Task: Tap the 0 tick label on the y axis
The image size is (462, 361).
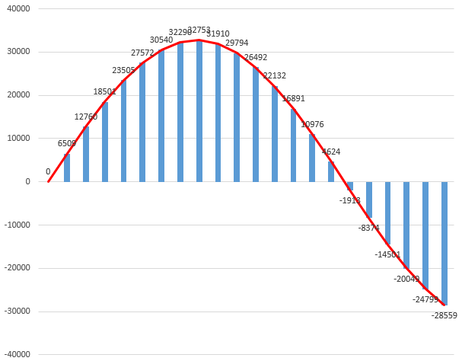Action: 27,182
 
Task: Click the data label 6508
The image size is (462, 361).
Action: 67,143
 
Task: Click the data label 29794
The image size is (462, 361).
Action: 237,43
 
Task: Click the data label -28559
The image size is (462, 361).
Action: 444,315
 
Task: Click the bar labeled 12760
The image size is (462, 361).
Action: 86,154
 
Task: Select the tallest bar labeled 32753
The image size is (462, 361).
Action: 199,111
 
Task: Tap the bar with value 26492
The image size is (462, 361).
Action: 256,125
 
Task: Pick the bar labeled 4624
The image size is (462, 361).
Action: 331,172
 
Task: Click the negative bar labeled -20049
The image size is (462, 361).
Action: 406,225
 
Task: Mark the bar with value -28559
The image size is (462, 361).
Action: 444,243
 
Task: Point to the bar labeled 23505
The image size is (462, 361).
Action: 124,131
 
